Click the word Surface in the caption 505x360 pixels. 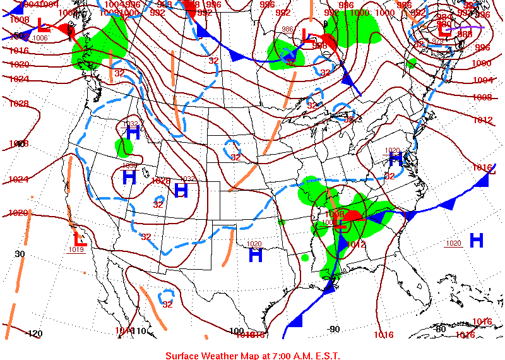point(184,356)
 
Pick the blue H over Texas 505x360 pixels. point(255,255)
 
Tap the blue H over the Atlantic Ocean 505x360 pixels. point(476,240)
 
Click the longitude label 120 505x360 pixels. point(35,333)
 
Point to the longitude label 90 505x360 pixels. point(334,329)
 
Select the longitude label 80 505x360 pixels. point(440,328)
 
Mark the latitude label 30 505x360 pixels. point(20,254)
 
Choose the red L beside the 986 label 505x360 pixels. point(308,37)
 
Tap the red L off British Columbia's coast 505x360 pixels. point(42,26)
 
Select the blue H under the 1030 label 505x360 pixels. point(129,177)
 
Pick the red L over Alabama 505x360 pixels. point(340,221)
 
